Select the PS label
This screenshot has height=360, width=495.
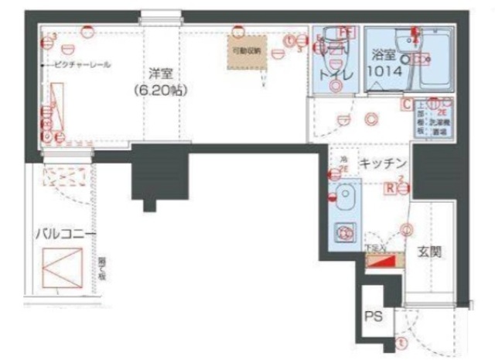[374, 317]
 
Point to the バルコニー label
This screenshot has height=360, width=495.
[64, 233]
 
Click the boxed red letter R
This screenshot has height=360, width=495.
[391, 187]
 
